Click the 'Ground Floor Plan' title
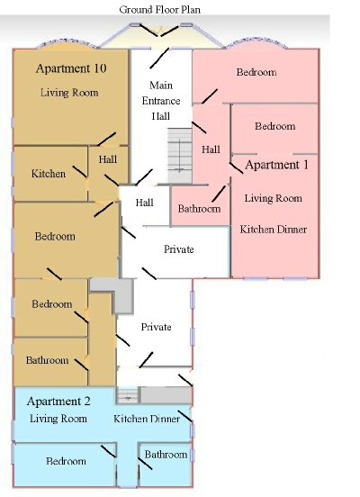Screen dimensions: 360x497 pos(160,10)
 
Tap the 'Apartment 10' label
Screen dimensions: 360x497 pos(71,68)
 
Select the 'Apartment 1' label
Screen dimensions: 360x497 pos(276,165)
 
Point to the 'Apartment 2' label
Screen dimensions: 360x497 pos(58,402)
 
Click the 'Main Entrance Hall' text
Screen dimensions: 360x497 pos(161,101)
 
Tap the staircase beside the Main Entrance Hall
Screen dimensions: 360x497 pos(180,156)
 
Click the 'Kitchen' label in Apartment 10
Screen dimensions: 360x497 pos(49,174)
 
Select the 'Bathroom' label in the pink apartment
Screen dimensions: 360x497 pos(199,209)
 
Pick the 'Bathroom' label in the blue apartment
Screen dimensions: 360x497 pos(166,455)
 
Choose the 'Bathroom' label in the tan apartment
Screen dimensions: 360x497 pos(47,360)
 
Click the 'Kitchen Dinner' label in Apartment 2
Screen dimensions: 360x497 pos(147,419)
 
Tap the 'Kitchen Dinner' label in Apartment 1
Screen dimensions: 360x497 pos(274,230)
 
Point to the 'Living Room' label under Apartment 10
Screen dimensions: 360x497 pos(69,93)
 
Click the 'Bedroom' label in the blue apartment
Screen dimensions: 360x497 pos(66,461)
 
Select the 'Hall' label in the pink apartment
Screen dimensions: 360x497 pos(211,149)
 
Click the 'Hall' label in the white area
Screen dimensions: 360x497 pos(145,203)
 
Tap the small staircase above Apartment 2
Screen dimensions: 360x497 pos(128,395)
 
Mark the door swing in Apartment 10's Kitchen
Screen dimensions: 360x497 pos(79,171)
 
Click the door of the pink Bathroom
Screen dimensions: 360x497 pos(219,194)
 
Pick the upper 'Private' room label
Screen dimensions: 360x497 pos(179,249)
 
